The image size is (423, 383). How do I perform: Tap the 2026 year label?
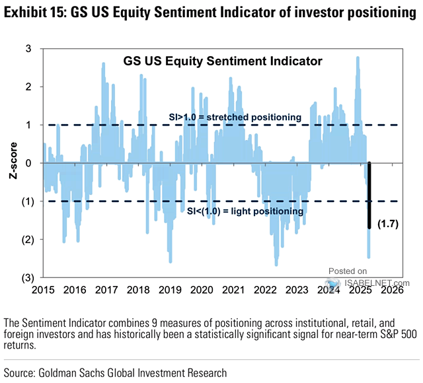click(392, 289)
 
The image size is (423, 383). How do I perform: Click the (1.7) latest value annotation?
click(389, 225)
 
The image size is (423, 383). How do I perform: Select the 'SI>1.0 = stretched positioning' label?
click(234, 117)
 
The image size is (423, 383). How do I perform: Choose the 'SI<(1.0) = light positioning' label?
click(242, 211)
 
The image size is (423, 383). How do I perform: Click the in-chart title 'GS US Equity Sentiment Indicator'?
click(223, 61)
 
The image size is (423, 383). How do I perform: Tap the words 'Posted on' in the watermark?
click(348, 271)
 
